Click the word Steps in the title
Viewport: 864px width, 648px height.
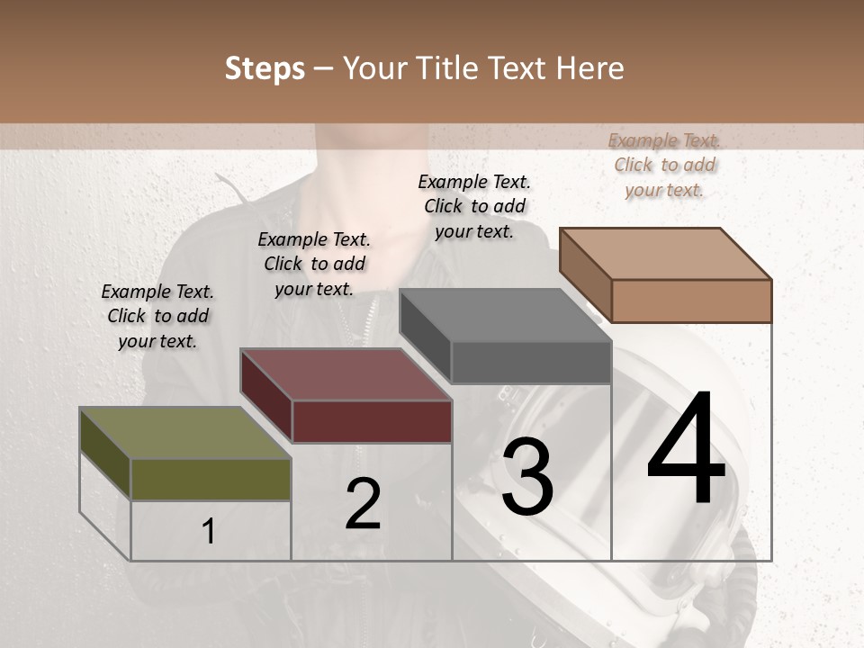[x=265, y=68]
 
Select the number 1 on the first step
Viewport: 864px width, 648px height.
[x=209, y=532]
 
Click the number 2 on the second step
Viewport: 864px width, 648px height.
[x=363, y=504]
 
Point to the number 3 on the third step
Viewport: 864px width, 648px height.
[x=527, y=476]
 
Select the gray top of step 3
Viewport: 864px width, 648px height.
[x=505, y=315]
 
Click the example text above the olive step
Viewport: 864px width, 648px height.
[x=157, y=316]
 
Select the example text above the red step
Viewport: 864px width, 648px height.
[x=314, y=264]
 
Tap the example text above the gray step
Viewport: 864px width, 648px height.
[x=474, y=206]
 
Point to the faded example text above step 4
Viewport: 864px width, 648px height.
[x=664, y=165]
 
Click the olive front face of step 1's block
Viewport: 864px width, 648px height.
[x=211, y=479]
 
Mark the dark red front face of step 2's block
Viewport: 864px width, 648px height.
[x=372, y=421]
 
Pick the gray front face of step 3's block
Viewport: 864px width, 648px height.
[x=531, y=363]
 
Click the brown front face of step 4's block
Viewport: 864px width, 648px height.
[x=691, y=301]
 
